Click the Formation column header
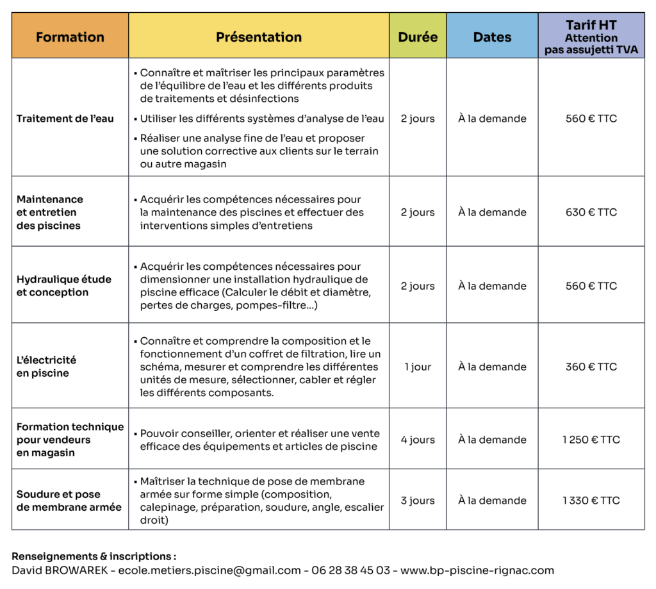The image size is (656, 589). click(x=70, y=37)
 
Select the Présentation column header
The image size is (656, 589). click(x=259, y=37)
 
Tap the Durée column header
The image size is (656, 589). click(x=418, y=37)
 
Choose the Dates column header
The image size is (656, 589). click(x=492, y=37)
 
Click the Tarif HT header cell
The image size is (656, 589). click(x=591, y=37)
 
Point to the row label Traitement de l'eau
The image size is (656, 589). click(x=65, y=119)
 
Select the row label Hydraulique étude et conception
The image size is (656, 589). click(x=63, y=286)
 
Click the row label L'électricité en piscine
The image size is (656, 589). click(x=46, y=367)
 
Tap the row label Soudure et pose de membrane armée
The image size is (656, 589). click(x=69, y=501)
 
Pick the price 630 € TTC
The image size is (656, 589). click(x=591, y=212)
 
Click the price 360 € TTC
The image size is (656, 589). click(x=591, y=367)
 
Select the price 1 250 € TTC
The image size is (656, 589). click(x=591, y=440)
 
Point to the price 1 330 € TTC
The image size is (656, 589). click(x=591, y=501)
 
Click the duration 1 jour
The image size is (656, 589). click(x=418, y=367)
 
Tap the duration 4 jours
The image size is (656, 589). click(x=418, y=440)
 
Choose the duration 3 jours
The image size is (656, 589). click(x=418, y=501)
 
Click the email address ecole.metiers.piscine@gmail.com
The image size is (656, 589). click(x=209, y=570)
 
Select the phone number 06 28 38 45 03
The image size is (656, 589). click(x=350, y=570)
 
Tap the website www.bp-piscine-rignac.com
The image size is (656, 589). click(x=478, y=570)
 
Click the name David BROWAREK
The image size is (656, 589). click(x=58, y=570)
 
